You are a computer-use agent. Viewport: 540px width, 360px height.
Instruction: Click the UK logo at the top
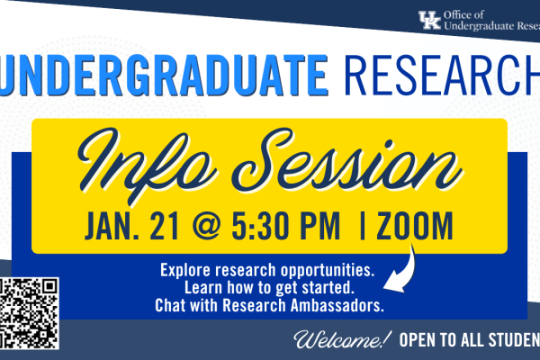point(430,19)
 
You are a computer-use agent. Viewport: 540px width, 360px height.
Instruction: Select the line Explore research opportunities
point(266,270)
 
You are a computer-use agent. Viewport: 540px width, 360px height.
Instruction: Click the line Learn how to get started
point(267,287)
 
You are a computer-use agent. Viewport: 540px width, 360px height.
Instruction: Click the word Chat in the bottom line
point(172,305)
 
